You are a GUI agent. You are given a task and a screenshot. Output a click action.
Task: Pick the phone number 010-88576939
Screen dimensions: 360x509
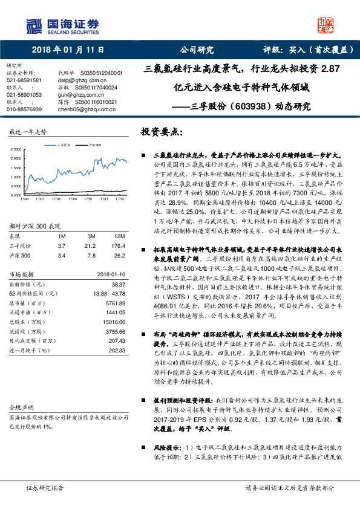point(24,109)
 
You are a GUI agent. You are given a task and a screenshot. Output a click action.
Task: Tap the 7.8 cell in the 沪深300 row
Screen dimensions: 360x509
point(92,239)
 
